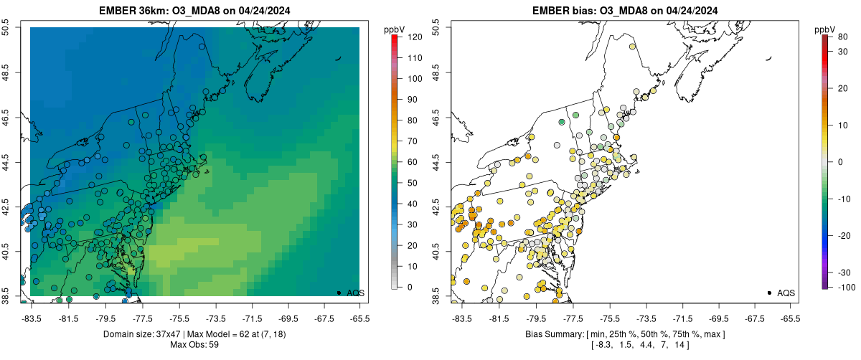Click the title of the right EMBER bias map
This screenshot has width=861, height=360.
tap(624, 10)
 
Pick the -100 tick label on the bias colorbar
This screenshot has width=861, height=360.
tap(844, 287)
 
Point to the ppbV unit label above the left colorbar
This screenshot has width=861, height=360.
tap(395, 29)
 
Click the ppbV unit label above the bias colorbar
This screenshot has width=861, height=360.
tap(825, 29)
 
